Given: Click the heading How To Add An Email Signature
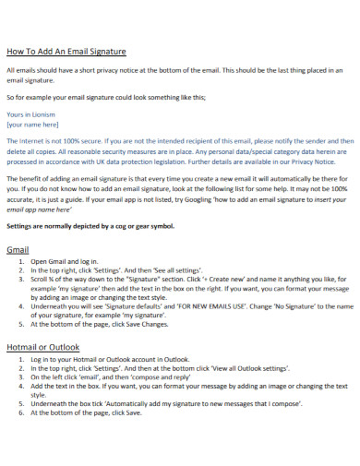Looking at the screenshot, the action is (66, 52).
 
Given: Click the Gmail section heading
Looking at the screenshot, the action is (18, 249).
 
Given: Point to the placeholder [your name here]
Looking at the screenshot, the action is (32, 123).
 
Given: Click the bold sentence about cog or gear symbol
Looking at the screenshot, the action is (90, 225).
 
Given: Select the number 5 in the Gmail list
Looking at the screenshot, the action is (21, 324).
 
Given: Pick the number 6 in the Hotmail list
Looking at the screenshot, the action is (21, 412).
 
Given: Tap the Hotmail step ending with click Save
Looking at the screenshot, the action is (86, 412).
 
